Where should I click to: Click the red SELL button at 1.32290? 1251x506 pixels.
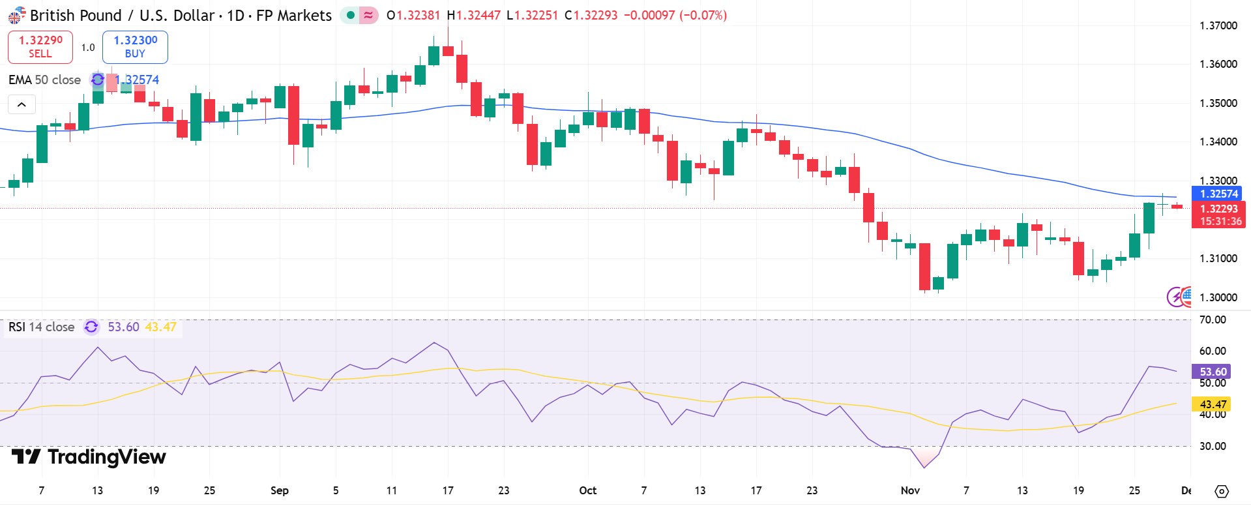pos(40,47)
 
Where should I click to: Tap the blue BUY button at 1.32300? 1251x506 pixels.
pos(135,47)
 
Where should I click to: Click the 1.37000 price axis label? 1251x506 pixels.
pos(1218,25)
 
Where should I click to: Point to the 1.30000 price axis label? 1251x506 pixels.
pos(1218,297)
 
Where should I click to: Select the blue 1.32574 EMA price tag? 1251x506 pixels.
pos(1218,194)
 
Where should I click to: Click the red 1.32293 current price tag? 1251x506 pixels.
pos(1218,209)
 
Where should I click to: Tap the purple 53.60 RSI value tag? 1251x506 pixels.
pos(1213,372)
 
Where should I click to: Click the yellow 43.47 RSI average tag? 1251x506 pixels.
pos(1213,404)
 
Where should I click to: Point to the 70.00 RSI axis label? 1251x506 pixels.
pos(1213,320)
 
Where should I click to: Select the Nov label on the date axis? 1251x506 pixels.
pos(910,490)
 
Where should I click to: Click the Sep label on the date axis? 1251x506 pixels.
pos(279,490)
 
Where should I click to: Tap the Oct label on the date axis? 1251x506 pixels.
pos(587,490)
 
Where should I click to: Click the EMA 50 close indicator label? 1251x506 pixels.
pos(44,80)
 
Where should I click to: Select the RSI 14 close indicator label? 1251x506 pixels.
pos(41,327)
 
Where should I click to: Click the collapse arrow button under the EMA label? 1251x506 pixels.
pos(22,104)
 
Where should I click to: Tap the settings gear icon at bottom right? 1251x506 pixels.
pos(1222,491)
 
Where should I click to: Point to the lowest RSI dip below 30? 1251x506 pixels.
pos(924,466)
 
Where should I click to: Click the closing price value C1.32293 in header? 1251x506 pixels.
pos(591,15)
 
